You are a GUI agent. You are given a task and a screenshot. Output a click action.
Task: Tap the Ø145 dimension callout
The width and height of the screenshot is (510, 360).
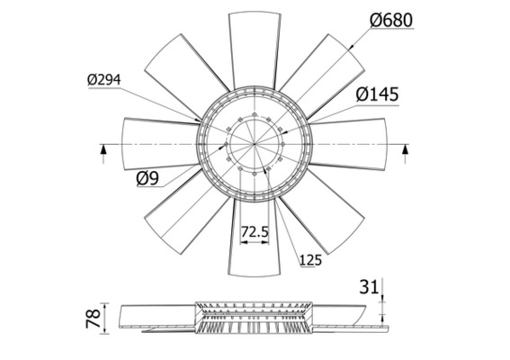(x=377, y=94)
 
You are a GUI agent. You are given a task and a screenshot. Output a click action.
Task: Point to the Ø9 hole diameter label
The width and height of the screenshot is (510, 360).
(x=148, y=177)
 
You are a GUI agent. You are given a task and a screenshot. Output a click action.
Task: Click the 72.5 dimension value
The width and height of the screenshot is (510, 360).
(x=255, y=231)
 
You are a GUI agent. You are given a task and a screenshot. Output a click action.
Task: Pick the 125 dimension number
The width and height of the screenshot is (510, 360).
(x=309, y=261)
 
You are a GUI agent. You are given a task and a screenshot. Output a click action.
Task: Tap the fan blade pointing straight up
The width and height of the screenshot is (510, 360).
(x=255, y=45)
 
